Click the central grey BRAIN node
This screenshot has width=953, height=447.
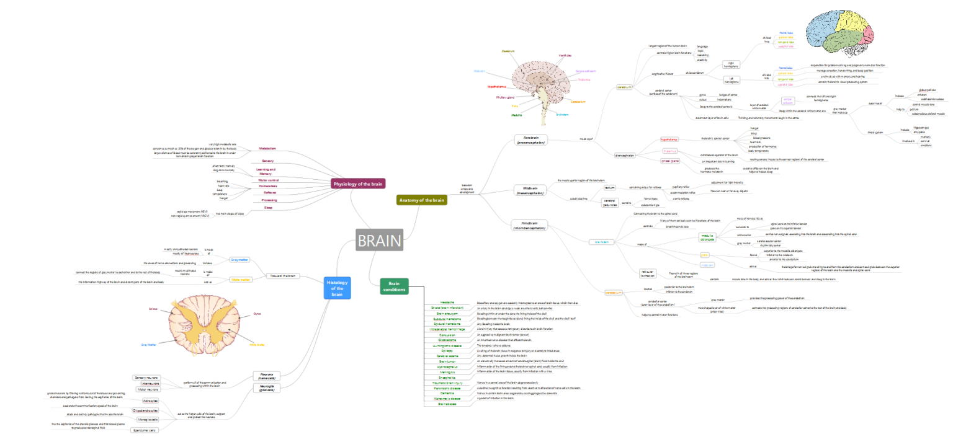[x=380, y=241]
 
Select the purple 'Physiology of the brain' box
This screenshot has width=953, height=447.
[x=359, y=184]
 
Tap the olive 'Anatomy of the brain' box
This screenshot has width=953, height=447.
[x=421, y=200]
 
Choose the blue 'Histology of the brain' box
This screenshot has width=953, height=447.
[x=337, y=288]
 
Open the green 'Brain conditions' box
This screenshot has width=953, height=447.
[x=394, y=286]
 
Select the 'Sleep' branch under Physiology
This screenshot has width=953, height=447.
[x=268, y=208]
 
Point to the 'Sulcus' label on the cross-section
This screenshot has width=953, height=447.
[x=153, y=308]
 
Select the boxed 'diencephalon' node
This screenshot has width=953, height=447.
[x=625, y=155]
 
